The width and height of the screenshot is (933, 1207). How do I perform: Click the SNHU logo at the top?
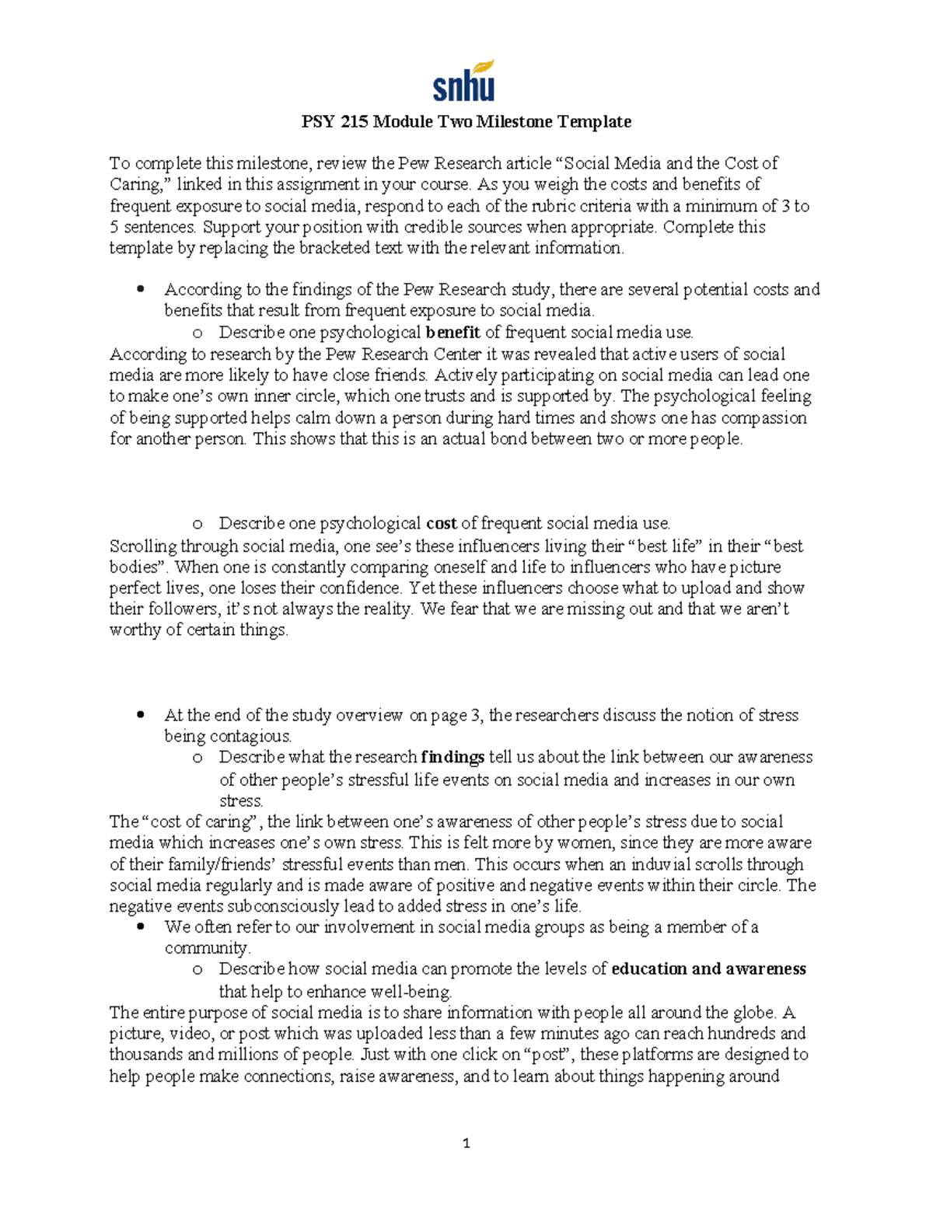coord(463,81)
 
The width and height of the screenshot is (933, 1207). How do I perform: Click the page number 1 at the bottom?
coord(466,1143)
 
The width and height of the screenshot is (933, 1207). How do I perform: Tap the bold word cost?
coord(442,523)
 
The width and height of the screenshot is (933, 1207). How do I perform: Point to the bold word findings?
coord(453,757)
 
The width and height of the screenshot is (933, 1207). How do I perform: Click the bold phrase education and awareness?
coord(708,969)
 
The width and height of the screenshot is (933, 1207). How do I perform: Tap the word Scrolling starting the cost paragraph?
coord(142,546)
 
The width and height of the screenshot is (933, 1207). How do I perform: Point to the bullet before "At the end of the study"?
coord(140,715)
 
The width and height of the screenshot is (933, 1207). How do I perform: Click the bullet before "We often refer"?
coord(140,927)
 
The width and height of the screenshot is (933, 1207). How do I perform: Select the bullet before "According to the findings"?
coord(140,290)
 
